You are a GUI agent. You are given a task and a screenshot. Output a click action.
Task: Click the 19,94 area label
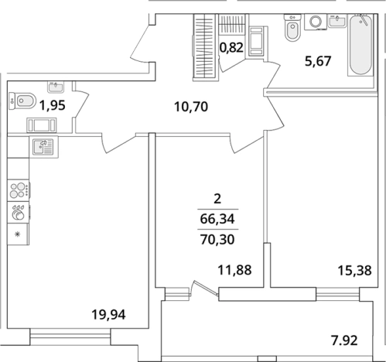pyautogui.click(x=108, y=315)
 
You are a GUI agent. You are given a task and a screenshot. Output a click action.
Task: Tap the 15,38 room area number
pyautogui.click(x=354, y=271)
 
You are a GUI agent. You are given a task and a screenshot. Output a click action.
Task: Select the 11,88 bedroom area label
pyautogui.click(x=234, y=270)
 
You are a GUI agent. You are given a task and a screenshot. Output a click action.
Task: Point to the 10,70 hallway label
pyautogui.click(x=191, y=107)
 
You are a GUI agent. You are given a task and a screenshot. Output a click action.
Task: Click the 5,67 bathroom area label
pyautogui.click(x=318, y=61)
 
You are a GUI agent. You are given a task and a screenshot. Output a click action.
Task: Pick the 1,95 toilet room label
pyautogui.click(x=53, y=105)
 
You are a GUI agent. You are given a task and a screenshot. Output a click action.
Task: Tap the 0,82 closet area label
pyautogui.click(x=231, y=48)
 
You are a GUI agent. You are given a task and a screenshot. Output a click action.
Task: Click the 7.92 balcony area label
pyautogui.click(x=344, y=340)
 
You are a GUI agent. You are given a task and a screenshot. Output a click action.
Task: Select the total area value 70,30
pyautogui.click(x=217, y=240)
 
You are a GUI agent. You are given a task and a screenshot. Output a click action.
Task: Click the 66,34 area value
pyautogui.click(x=217, y=219)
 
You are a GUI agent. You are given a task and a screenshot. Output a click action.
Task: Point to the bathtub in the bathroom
pyautogui.click(x=360, y=45)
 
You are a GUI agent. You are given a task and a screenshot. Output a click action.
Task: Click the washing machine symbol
pyautogui.click(x=316, y=22)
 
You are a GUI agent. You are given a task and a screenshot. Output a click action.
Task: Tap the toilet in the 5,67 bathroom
pyautogui.click(x=292, y=28)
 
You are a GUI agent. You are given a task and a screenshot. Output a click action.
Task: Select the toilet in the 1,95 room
pyautogui.click(x=22, y=101)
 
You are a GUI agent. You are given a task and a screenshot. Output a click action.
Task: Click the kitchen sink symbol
pyautogui.click(x=44, y=147)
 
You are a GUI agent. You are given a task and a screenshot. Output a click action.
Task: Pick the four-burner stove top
pyautogui.click(x=19, y=190)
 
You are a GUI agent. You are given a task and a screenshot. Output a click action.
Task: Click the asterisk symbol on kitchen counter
pyautogui.click(x=18, y=234)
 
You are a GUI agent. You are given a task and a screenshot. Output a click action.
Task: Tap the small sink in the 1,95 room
pyautogui.click(x=56, y=87)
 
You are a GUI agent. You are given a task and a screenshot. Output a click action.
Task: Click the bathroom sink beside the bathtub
pyautogui.click(x=337, y=21)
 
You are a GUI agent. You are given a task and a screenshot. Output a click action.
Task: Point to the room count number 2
pyautogui.click(x=217, y=199)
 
